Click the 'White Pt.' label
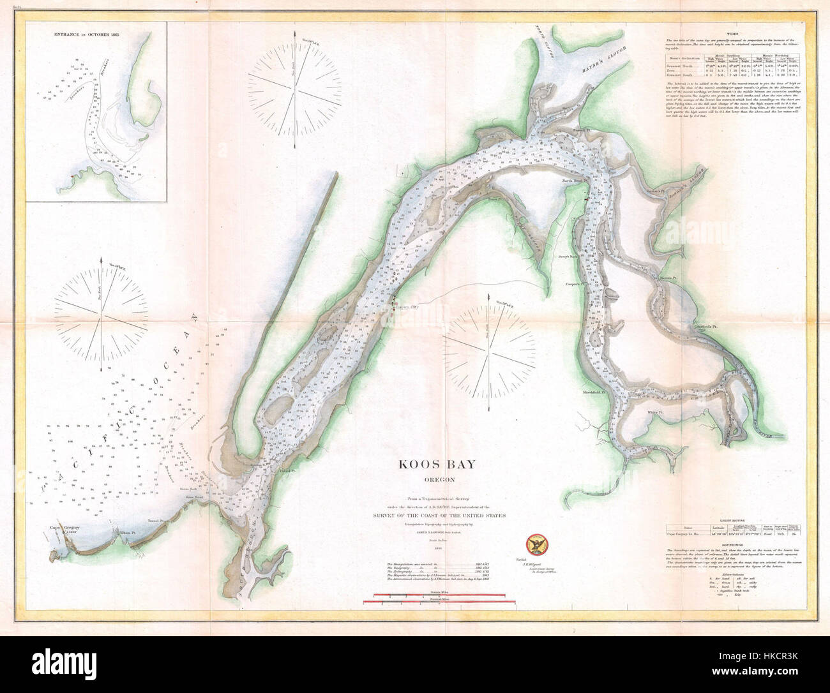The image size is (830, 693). (x=657, y=413)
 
